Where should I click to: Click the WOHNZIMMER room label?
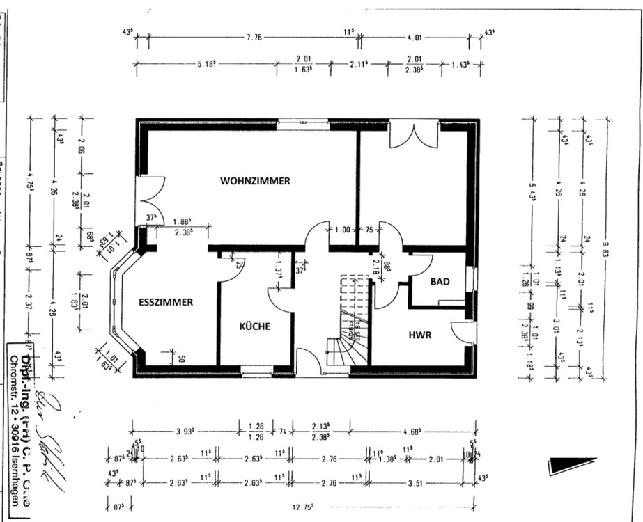coord(255,181)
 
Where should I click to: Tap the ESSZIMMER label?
coord(165,302)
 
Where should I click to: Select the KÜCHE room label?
coord(254,326)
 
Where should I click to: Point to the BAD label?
coord(440,282)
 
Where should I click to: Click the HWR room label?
coord(420,335)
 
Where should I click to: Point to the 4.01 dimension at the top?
coord(415,37)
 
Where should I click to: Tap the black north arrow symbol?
coord(571,464)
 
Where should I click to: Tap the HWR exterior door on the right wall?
coord(465,332)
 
